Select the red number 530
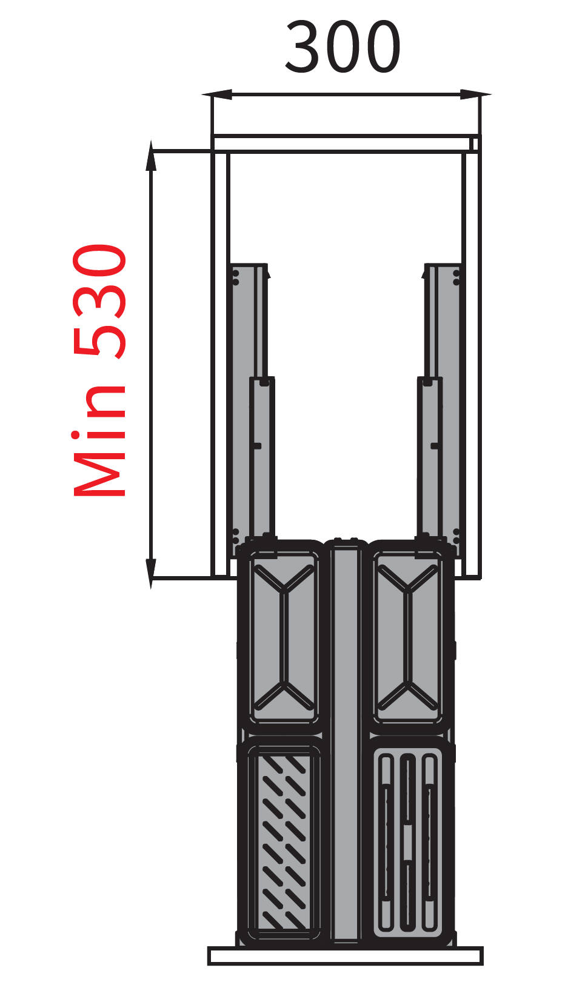(99, 302)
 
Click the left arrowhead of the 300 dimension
(216, 95)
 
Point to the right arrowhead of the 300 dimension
(476, 95)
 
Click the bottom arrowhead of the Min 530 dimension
(152, 574)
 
